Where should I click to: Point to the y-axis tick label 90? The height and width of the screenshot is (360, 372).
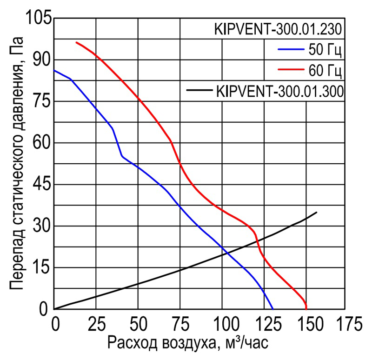(x=42, y=60)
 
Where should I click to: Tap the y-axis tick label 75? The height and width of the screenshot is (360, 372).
(x=42, y=101)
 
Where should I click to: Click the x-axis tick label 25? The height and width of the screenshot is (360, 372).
(x=96, y=322)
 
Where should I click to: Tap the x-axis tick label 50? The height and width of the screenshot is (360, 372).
(x=138, y=322)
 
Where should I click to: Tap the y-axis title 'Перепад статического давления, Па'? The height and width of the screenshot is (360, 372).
(x=17, y=167)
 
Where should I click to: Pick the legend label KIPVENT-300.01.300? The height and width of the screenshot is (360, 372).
(x=280, y=90)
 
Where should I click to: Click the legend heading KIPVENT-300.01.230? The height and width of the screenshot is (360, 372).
(x=279, y=29)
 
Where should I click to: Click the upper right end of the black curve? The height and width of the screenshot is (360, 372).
(x=317, y=212)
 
